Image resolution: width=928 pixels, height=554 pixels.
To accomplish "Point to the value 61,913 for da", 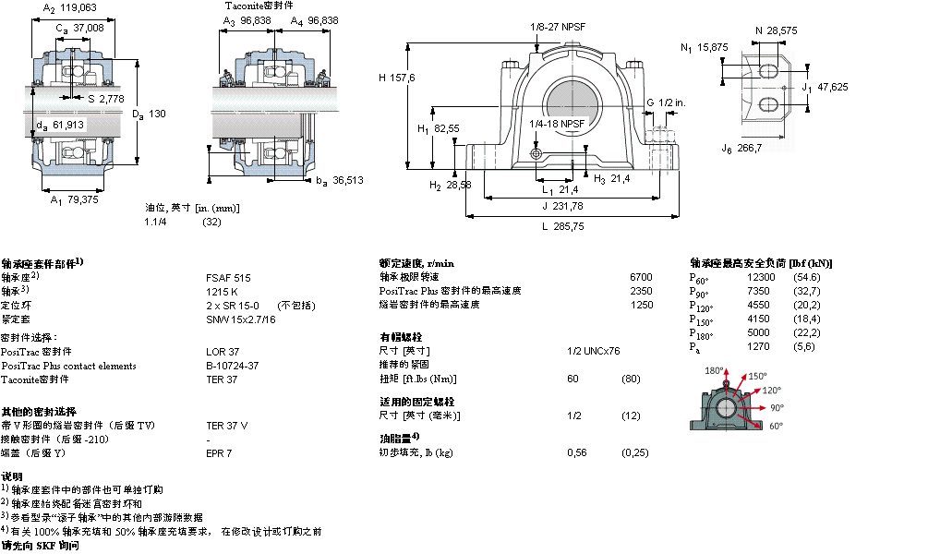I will (68, 124).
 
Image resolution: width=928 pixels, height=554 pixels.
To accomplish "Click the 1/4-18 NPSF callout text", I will (557, 123).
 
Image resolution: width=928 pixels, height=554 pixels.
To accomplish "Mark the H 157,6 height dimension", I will (396, 78).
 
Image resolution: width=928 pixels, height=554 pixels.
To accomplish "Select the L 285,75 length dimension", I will (562, 226).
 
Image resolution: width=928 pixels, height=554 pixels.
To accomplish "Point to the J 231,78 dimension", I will (562, 206).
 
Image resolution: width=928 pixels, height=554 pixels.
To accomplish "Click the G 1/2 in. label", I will (664, 102).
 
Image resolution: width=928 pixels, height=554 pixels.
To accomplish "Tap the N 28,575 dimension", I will (776, 30).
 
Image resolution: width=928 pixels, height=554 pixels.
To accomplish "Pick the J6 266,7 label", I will (741, 148).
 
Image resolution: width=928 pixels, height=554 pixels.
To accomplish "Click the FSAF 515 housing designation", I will (228, 277).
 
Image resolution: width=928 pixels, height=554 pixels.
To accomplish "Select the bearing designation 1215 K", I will (223, 291).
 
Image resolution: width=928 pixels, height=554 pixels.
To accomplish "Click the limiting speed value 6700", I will (640, 276).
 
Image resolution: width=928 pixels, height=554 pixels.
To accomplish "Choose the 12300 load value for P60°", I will (761, 277).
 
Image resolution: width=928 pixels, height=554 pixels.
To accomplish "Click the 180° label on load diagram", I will (714, 370).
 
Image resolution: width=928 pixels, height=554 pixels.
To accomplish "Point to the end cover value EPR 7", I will (219, 452).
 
